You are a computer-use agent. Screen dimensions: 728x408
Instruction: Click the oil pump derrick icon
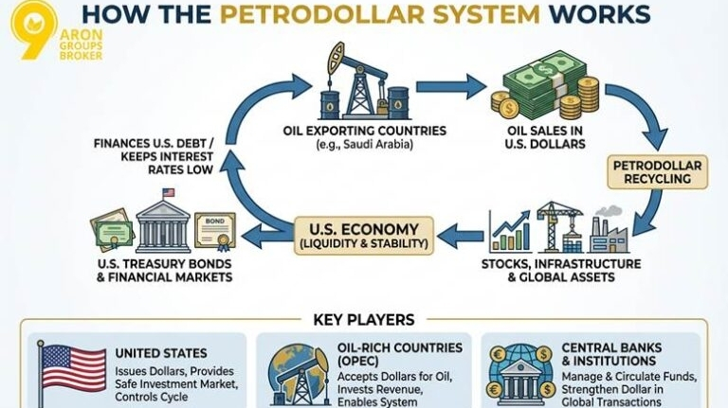point(359,84)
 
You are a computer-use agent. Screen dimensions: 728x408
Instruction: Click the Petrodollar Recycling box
point(657,171)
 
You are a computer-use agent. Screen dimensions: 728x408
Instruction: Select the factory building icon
point(609,229)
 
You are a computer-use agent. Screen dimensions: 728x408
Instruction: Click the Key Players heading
point(363,320)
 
